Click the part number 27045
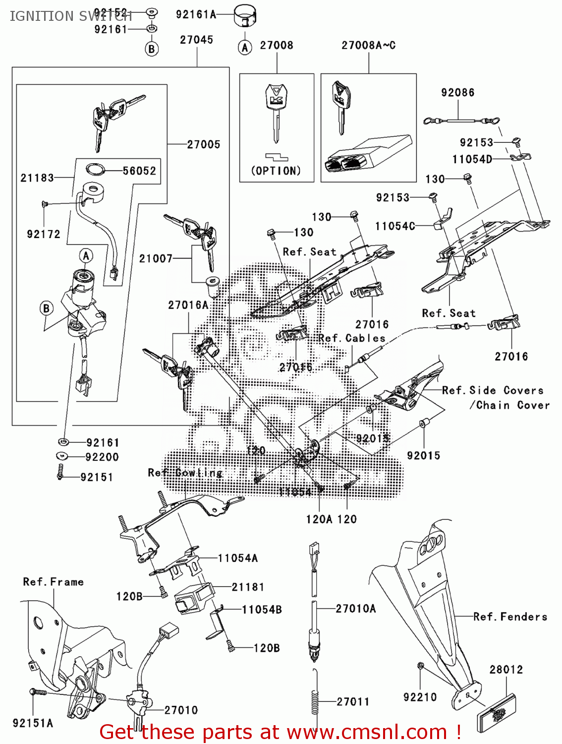196,40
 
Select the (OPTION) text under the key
276,171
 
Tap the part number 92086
457,93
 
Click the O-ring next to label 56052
96,170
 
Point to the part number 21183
37,178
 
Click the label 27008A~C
368,46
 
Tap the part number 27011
353,702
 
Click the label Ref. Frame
53,582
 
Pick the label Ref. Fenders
510,617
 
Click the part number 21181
248,587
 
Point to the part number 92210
420,697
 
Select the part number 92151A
33,724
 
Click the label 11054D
472,159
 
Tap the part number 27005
203,144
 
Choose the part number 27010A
355,609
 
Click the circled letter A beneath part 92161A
245,48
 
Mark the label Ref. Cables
351,338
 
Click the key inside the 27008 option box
276,112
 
